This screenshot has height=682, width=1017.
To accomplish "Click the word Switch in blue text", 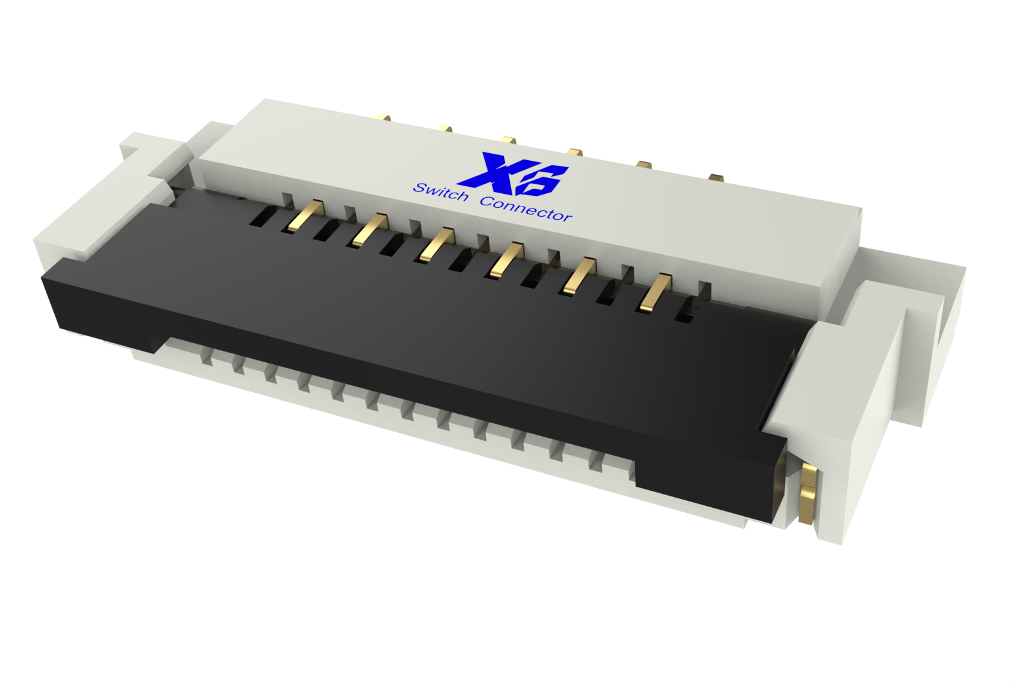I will [440, 192].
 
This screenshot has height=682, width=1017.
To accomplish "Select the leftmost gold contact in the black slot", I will [305, 216].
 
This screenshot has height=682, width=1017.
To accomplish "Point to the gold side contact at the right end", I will [807, 493].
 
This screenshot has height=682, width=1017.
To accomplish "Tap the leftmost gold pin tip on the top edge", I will [383, 118].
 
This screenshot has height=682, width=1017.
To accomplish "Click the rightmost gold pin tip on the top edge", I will [716, 177].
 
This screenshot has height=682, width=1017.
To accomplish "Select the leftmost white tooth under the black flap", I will [206, 357].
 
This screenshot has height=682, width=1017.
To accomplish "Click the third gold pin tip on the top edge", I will [507, 139].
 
